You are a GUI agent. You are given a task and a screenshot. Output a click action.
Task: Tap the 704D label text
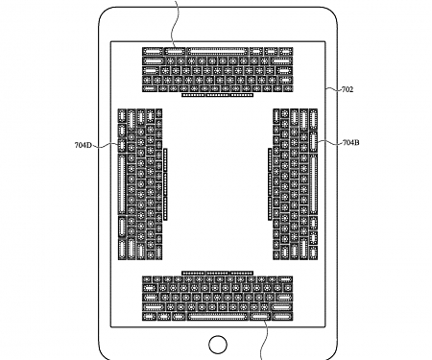(84, 146)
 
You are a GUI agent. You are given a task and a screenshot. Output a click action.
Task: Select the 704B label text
(350, 143)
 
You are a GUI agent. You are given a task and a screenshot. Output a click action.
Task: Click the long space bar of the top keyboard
(213, 50)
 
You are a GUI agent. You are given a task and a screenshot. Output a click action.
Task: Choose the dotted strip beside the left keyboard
(164, 182)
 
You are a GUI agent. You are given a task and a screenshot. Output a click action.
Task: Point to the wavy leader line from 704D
(106, 146)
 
